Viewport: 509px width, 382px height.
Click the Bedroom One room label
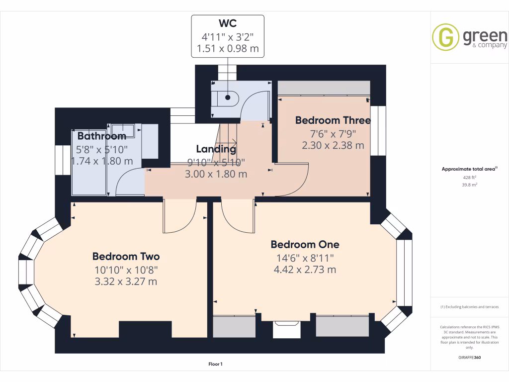(x=305, y=244)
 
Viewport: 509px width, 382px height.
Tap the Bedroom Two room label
(x=126, y=257)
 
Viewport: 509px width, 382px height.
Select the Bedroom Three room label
(x=333, y=120)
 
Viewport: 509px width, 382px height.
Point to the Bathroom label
(x=101, y=136)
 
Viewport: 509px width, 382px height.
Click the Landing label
(x=216, y=149)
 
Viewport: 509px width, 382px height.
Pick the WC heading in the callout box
(x=227, y=24)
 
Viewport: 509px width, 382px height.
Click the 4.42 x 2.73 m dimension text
(x=305, y=270)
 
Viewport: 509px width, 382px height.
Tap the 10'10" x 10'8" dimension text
(x=126, y=270)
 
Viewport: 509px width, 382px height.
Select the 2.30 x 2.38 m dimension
(x=333, y=146)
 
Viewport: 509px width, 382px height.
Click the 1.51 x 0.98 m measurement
(x=227, y=50)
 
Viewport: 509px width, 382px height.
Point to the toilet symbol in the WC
(x=226, y=98)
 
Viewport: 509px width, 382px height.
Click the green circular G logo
(x=445, y=37)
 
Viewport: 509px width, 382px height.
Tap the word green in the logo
(x=485, y=36)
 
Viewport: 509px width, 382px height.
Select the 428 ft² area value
(x=470, y=177)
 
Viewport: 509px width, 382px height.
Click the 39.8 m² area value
(x=470, y=184)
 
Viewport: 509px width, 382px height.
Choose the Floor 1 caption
(x=215, y=364)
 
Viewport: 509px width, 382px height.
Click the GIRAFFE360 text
(x=470, y=357)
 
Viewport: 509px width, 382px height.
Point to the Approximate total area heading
(x=469, y=169)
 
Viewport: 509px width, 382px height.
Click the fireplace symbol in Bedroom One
(x=286, y=329)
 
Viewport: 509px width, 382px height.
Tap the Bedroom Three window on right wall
(x=381, y=130)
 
